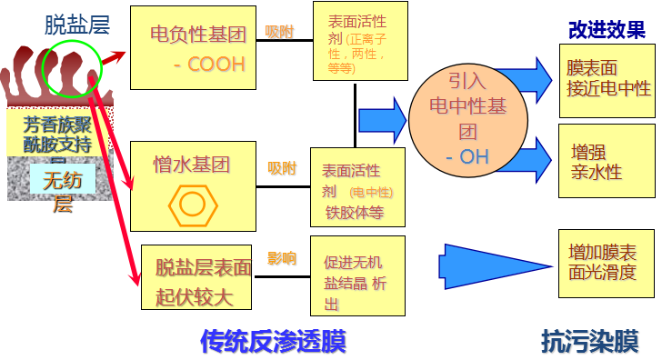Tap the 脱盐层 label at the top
click(x=77, y=25)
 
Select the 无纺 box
click(x=62, y=180)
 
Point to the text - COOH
click(x=209, y=65)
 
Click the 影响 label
click(x=281, y=259)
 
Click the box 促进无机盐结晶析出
click(x=357, y=275)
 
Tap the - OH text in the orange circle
click(x=467, y=156)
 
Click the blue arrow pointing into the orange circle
click(x=382, y=119)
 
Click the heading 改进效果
click(x=606, y=29)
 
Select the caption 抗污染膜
click(x=590, y=342)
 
